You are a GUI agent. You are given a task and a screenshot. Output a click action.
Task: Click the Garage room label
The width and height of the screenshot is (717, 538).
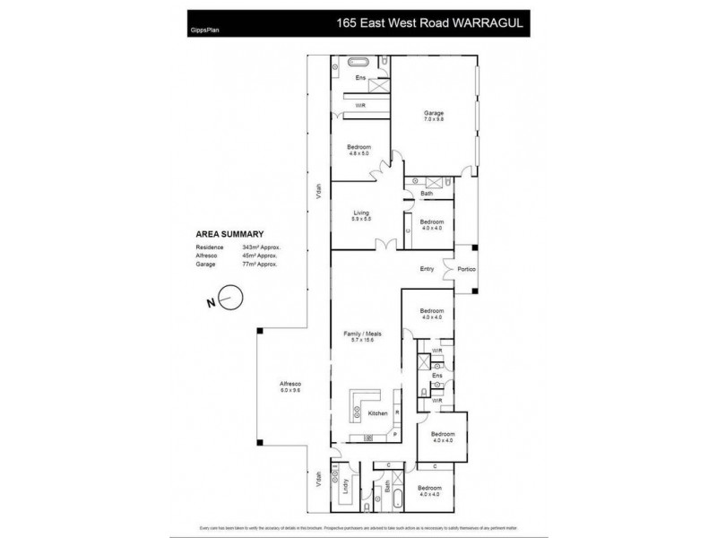(x=434, y=112)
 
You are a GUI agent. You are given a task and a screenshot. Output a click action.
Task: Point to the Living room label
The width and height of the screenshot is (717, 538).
(x=361, y=213)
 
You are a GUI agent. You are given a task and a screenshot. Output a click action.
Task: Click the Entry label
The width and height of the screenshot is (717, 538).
(x=428, y=269)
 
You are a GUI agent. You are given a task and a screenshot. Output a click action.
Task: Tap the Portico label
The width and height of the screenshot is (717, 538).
(x=467, y=269)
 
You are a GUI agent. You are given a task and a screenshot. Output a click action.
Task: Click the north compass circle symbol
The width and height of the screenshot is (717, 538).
(x=230, y=297)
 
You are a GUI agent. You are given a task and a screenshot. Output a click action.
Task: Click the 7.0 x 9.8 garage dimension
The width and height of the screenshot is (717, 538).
(x=434, y=119)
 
